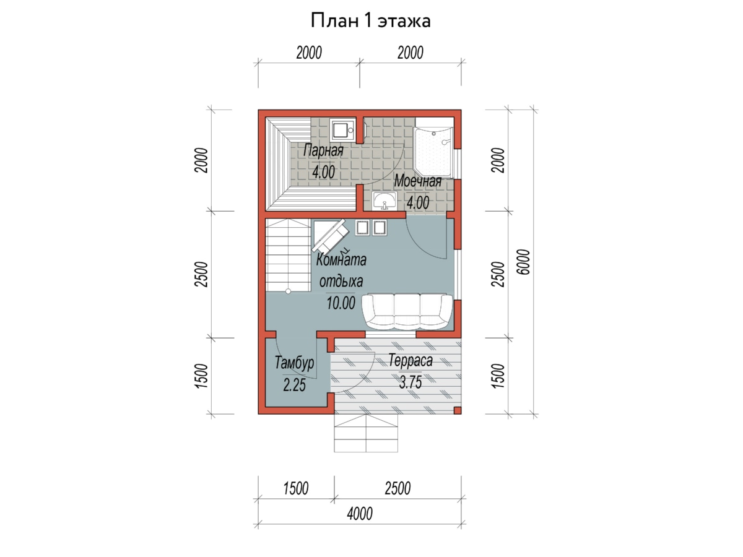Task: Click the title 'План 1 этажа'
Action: (x=370, y=21)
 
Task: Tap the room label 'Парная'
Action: (x=323, y=150)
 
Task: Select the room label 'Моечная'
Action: (x=418, y=181)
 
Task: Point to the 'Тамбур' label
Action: (x=294, y=363)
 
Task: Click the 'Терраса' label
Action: (x=411, y=361)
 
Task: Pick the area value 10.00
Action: (x=341, y=303)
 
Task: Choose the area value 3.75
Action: (x=411, y=383)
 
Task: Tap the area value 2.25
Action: (x=294, y=385)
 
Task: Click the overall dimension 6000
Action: (x=523, y=262)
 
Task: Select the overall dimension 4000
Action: (x=360, y=514)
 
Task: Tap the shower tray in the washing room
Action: (x=433, y=152)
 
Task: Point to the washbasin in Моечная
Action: (x=385, y=201)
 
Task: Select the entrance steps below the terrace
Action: (x=366, y=433)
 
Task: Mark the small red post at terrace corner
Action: (x=457, y=410)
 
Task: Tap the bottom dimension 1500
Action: (x=295, y=488)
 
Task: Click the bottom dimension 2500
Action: (x=398, y=488)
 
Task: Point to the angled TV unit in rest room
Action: (x=330, y=237)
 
